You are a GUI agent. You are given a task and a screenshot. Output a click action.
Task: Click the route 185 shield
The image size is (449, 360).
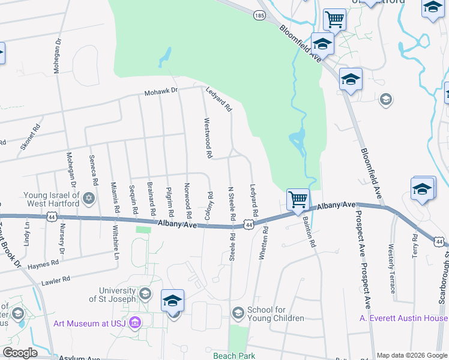click(259, 16)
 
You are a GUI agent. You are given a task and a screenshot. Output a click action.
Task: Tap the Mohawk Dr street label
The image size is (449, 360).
click(161, 92)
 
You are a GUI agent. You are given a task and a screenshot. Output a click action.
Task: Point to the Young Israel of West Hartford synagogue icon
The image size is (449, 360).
click(89, 198)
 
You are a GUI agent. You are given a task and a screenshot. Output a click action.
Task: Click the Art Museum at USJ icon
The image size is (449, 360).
click(134, 323)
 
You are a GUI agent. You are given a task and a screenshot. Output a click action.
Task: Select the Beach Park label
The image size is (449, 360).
click(234, 355)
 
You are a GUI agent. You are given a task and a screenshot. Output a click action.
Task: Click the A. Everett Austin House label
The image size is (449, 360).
click(403, 318)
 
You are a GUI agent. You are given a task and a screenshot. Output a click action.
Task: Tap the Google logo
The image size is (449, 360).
click(20, 353)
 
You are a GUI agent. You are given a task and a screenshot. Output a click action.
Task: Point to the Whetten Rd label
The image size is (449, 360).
click(262, 243)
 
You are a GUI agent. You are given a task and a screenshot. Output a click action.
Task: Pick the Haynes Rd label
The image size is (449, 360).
click(43, 263)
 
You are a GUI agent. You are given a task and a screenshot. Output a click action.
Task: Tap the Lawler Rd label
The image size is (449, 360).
click(55, 279)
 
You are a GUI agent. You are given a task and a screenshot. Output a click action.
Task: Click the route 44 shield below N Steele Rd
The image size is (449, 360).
click(248, 225)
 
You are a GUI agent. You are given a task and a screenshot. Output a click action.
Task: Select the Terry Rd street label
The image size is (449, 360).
click(414, 247)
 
